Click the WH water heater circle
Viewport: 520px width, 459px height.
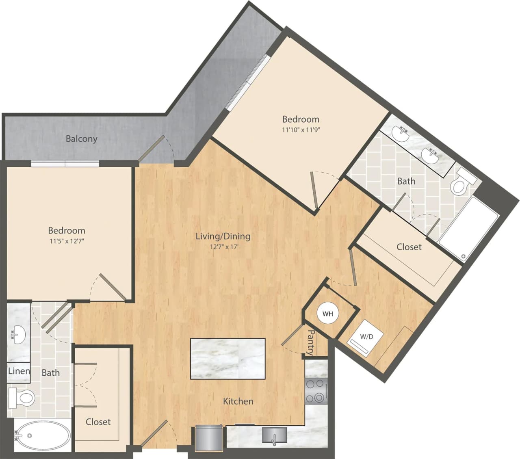tap(327, 314)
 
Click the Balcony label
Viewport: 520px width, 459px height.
tap(82, 139)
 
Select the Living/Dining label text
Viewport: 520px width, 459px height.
tap(223, 236)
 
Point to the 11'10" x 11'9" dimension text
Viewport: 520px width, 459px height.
tap(301, 130)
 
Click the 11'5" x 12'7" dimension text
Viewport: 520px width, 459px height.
tap(67, 241)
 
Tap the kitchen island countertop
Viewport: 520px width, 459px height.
tap(228, 359)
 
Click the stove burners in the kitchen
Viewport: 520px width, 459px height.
tap(316, 391)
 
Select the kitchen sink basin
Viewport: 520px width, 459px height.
tap(274, 435)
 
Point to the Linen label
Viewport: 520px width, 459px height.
tap(19, 371)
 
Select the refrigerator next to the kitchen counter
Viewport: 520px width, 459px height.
tap(208, 438)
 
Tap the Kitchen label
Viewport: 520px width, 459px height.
tap(238, 401)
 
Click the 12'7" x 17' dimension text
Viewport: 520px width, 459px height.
tap(223, 247)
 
